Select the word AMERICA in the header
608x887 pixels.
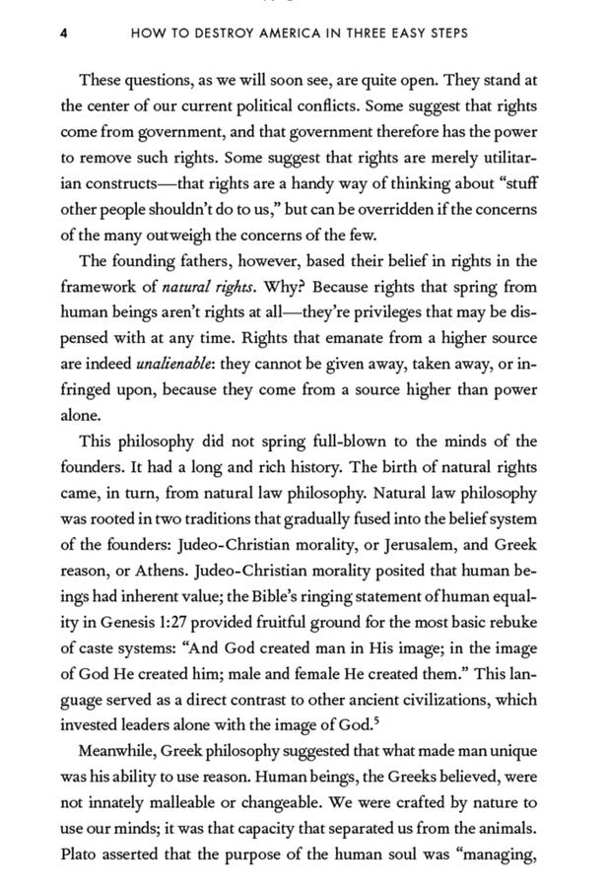coord(291,33)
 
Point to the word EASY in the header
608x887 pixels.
coord(422,33)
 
